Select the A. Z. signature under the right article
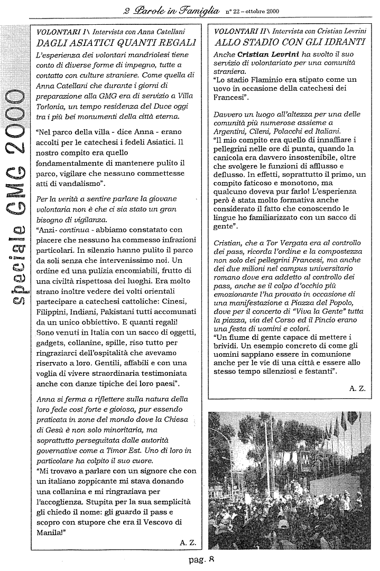coord(357,388)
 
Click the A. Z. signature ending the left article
coord(187,542)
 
